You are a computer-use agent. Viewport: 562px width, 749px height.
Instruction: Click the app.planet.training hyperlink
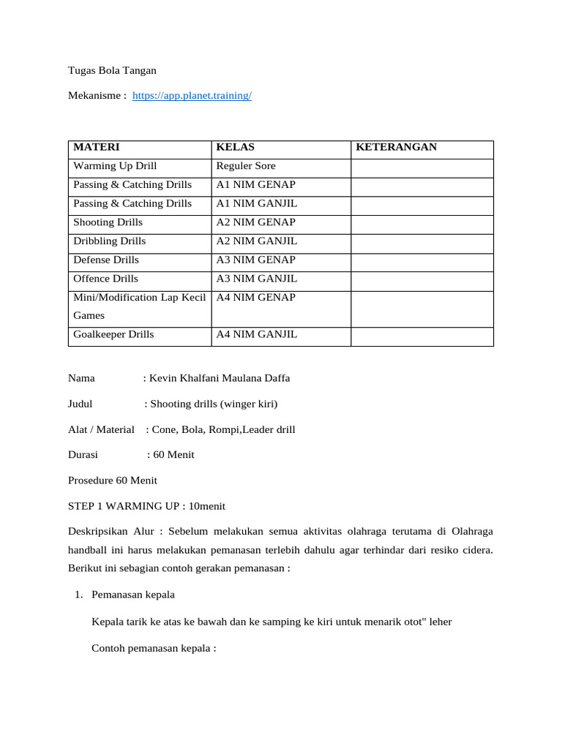[x=192, y=96]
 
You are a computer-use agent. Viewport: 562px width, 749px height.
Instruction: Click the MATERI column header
[x=97, y=147]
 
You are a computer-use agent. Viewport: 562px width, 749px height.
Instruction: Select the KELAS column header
[x=236, y=147]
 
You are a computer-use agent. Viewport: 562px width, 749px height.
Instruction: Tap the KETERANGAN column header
[x=396, y=147]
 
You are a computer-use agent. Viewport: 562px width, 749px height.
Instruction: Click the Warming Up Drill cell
[x=115, y=166]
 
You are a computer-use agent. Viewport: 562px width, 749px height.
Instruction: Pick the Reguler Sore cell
[x=246, y=166]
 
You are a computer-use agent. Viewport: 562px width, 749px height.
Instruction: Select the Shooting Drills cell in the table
[x=108, y=222]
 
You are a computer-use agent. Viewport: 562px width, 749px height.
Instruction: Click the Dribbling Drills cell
[x=110, y=241]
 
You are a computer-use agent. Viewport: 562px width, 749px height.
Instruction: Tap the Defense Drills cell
[x=106, y=260]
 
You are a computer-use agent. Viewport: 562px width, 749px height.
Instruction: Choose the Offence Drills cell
[x=106, y=279]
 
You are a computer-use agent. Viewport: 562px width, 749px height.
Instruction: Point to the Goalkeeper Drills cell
[x=113, y=335]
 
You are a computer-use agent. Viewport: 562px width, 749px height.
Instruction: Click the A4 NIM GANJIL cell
[x=257, y=335]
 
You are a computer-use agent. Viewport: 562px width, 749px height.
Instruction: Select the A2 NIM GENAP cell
[x=255, y=222]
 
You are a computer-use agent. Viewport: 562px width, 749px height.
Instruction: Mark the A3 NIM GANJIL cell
[x=257, y=279]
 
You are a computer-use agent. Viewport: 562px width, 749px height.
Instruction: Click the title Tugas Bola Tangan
[x=112, y=71]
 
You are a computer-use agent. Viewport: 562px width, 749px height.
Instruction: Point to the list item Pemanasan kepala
[x=133, y=595]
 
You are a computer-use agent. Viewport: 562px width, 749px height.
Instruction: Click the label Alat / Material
[x=101, y=429]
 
